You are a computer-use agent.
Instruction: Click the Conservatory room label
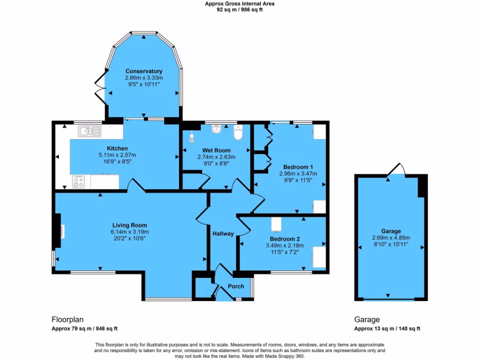143,71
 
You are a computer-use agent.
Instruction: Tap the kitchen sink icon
90,131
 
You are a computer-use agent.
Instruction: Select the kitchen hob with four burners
78,181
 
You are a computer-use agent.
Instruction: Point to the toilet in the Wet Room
238,133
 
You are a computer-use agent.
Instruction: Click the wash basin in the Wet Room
216,129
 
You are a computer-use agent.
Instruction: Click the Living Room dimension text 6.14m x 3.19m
129,232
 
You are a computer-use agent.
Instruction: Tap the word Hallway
223,233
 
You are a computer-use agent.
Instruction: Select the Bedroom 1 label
298,167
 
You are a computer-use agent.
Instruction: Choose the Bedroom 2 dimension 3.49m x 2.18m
285,245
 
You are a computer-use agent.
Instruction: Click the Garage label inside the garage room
390,231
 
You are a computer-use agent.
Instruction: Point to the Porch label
236,286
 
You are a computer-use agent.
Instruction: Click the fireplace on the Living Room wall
59,231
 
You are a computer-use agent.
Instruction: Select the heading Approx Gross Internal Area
240,4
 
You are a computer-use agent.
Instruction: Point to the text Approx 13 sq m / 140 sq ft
387,329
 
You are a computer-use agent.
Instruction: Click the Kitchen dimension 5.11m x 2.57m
117,155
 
